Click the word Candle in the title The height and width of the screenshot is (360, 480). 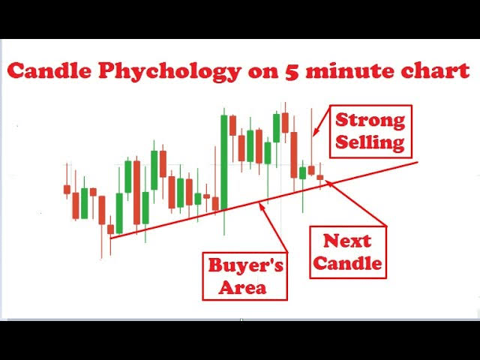click(x=49, y=70)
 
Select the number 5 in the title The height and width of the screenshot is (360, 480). click(x=292, y=71)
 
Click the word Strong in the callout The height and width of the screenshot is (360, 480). click(x=370, y=120)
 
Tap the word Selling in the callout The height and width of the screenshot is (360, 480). click(x=370, y=142)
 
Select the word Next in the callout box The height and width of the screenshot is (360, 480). click(x=347, y=241)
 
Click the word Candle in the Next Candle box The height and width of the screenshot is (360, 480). click(x=347, y=263)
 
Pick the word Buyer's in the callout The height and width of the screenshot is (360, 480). click(x=245, y=265)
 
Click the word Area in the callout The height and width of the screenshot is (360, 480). click(x=243, y=287)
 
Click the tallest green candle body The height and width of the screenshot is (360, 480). click(x=224, y=162)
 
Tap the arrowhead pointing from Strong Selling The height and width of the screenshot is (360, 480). click(x=315, y=132)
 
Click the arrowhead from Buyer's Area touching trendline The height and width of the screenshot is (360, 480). click(x=262, y=206)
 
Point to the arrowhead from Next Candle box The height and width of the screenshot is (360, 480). click(x=328, y=183)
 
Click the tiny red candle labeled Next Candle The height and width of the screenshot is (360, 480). click(x=320, y=177)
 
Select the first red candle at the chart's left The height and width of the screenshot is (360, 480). click(x=67, y=189)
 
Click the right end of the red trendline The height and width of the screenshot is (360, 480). click(x=418, y=163)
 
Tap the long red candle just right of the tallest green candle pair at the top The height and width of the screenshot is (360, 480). click(x=294, y=154)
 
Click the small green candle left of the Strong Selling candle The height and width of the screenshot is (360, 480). click(x=302, y=173)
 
